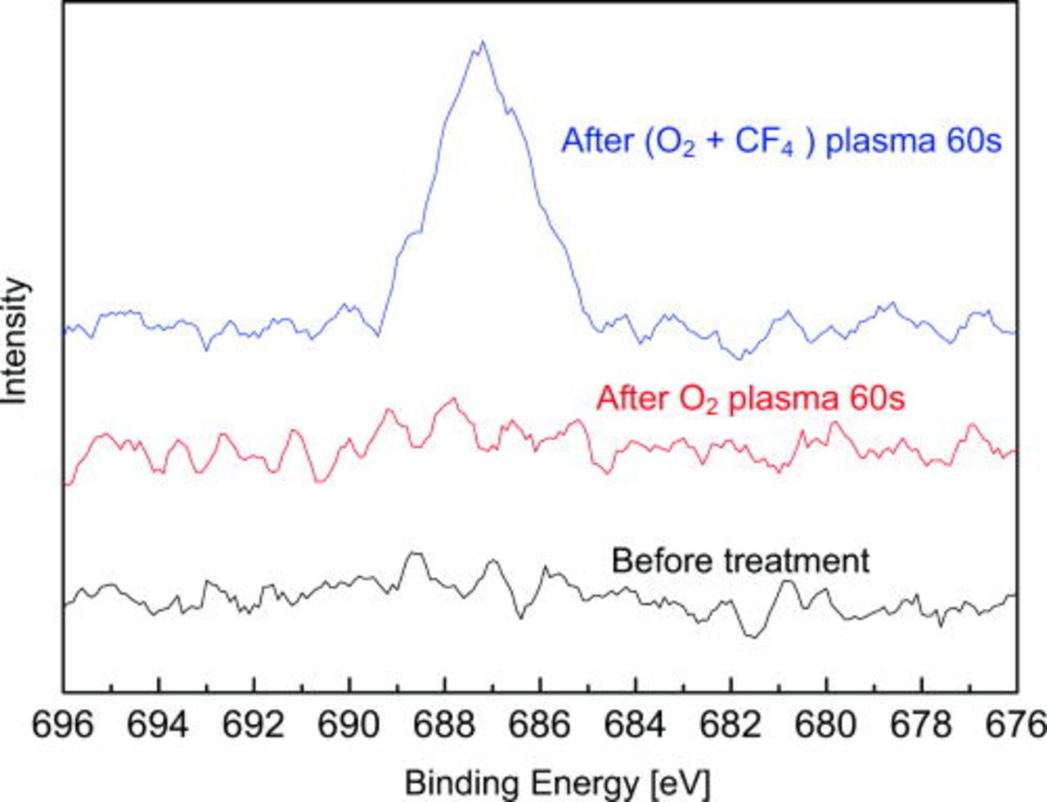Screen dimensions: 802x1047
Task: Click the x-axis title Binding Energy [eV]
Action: click(558, 782)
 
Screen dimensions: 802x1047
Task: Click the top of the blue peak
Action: click(483, 42)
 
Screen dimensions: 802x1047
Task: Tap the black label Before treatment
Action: click(740, 561)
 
